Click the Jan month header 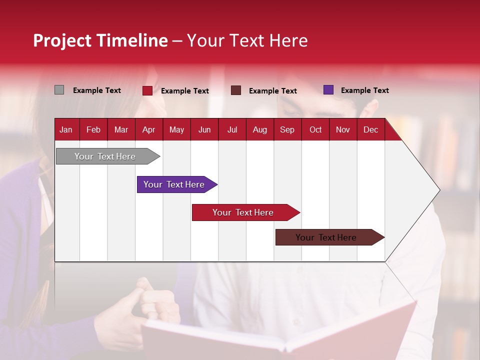tap(66, 130)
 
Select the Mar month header tap(121, 130)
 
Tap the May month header tap(176, 130)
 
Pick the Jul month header tap(232, 130)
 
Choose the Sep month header tap(287, 130)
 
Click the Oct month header tap(315, 130)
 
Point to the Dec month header tap(370, 130)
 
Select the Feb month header tap(93, 130)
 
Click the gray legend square tap(59, 90)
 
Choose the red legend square tap(147, 90)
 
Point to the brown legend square tap(236, 90)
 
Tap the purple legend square tap(328, 90)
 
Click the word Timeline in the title tap(132, 40)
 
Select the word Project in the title tap(62, 40)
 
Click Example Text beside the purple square tap(364, 90)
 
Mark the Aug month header tap(259, 130)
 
